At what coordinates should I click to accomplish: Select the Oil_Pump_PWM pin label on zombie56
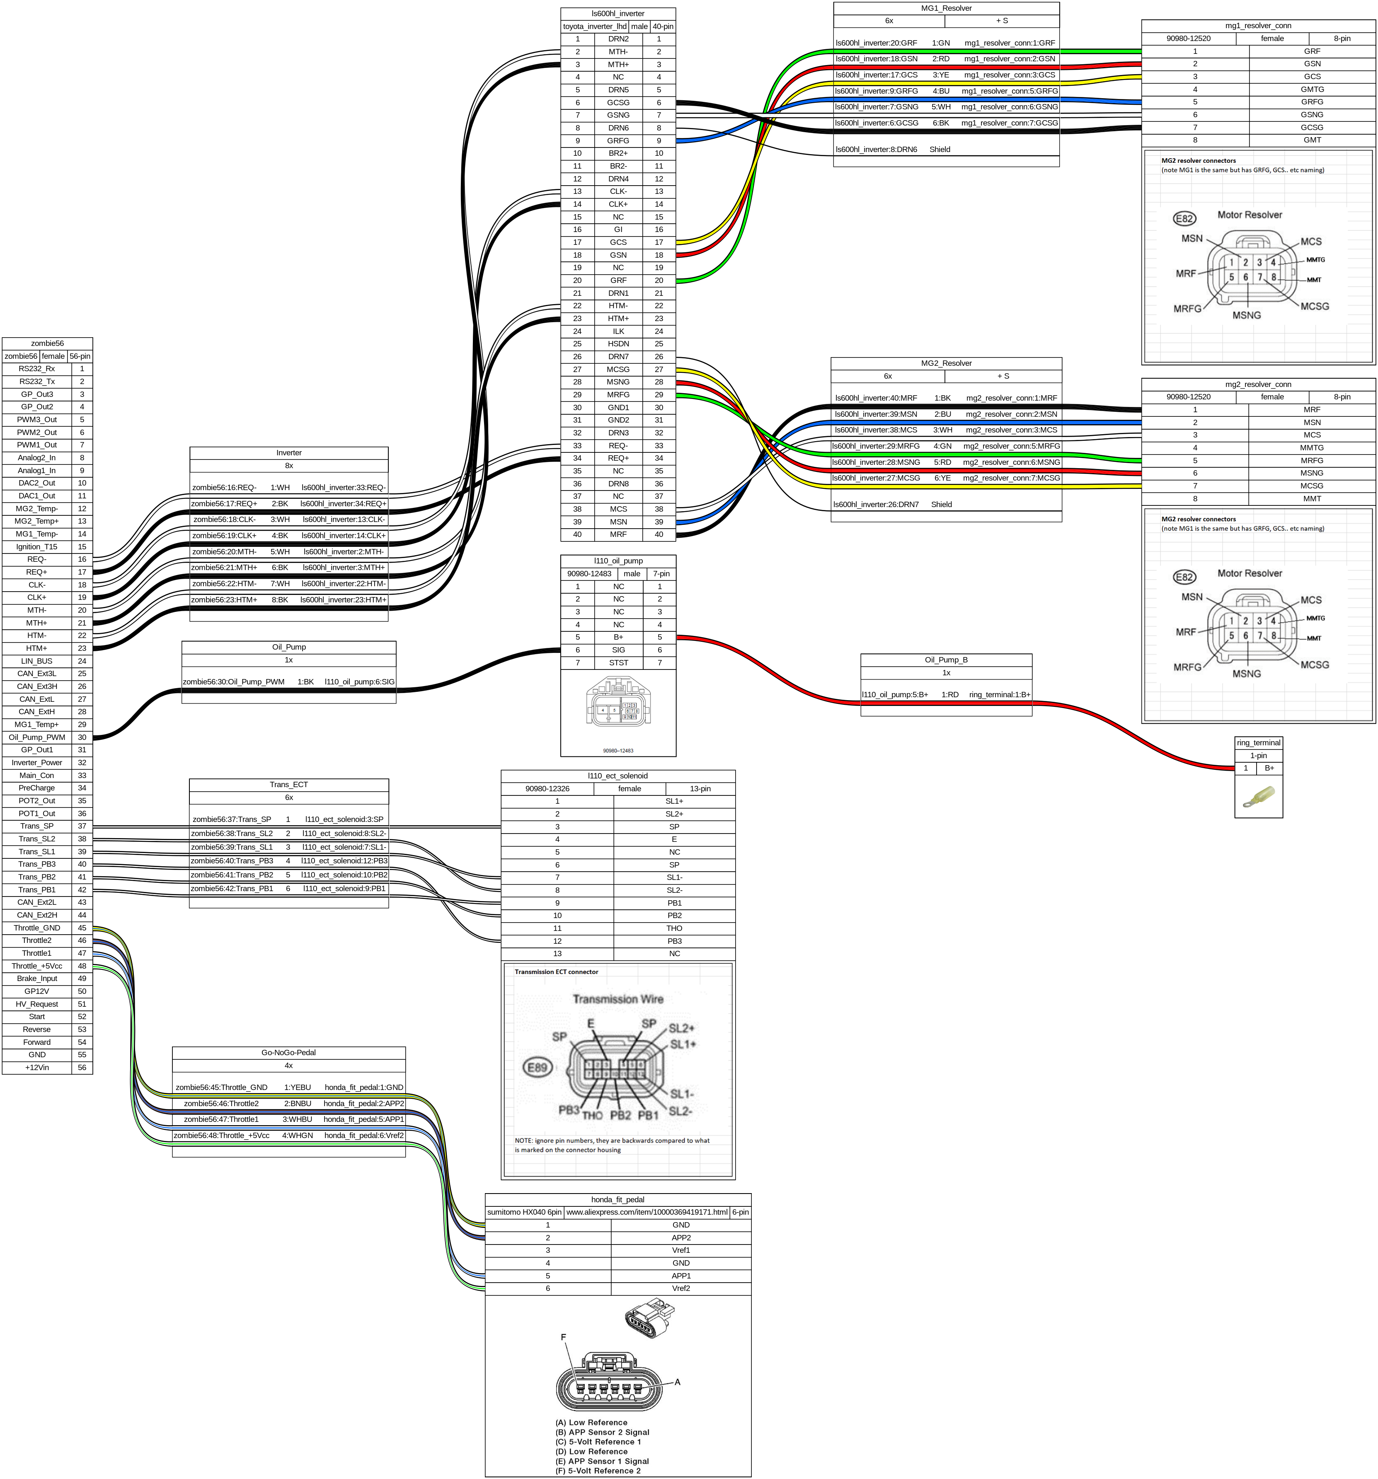click(x=36, y=737)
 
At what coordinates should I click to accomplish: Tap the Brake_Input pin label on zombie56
click(x=36, y=978)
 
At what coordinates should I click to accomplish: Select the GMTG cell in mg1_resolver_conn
click(x=1312, y=89)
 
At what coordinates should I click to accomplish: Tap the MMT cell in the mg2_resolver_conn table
click(x=1312, y=498)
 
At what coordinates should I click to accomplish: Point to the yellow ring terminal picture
click(x=1258, y=797)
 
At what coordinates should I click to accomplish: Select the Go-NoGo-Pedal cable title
click(x=289, y=1053)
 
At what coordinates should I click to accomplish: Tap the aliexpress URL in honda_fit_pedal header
click(x=647, y=1212)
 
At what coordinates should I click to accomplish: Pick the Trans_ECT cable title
click(x=289, y=785)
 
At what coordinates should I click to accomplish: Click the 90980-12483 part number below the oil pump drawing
click(x=618, y=751)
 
